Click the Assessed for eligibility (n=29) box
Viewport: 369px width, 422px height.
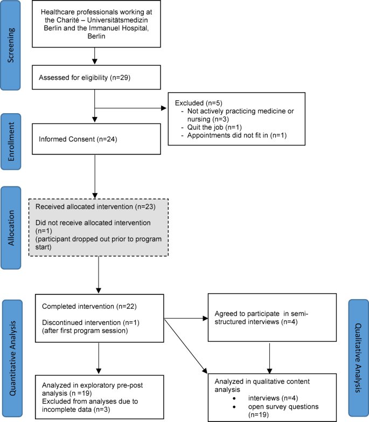click(x=95, y=78)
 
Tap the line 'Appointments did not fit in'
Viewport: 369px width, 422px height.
click(x=228, y=135)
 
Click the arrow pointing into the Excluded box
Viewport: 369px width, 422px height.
click(x=162, y=107)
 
